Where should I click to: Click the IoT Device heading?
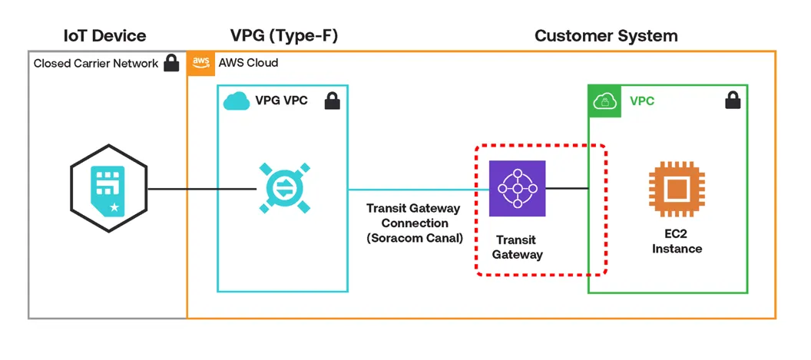105,35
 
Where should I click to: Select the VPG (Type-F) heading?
284,35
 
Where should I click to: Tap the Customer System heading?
606,35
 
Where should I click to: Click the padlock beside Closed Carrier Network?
171,63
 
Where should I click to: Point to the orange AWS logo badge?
200,64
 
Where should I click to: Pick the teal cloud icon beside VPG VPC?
237,101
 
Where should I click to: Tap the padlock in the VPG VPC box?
332,101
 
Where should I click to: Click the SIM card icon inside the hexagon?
108,188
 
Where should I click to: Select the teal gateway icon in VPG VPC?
284,188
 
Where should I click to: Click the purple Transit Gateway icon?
517,188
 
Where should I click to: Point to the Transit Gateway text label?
517,247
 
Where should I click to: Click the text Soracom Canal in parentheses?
414,239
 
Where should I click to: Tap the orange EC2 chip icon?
677,190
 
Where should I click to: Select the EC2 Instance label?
677,242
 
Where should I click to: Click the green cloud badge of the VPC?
604,101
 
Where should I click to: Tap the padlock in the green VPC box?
733,101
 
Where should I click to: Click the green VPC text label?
642,101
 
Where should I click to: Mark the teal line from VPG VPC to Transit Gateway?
419,189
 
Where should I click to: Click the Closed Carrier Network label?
96,64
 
